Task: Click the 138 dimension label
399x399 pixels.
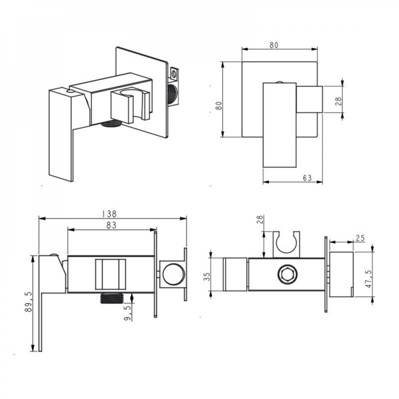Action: pos(109,214)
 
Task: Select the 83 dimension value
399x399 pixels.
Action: pos(111,225)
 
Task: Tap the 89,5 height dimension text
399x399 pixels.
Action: pos(28,302)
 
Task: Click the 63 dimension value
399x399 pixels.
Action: pos(307,178)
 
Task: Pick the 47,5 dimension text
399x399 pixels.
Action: pos(368,279)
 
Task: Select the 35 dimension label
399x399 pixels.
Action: pos(207,277)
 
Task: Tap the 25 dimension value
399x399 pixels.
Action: pos(360,239)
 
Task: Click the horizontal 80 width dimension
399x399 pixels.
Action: pos(274,45)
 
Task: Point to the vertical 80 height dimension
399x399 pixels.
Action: pos(219,105)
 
